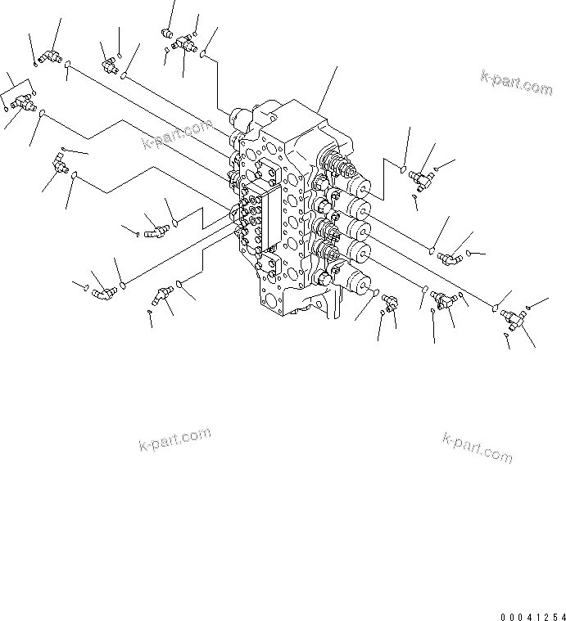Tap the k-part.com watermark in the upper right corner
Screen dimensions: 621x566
click(516, 82)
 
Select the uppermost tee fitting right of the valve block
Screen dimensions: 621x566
click(422, 174)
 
